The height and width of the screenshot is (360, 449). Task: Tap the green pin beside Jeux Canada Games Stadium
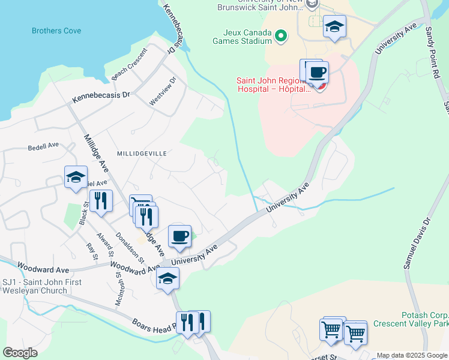[x=280, y=37]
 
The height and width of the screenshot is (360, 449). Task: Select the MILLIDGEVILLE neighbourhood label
[x=142, y=154]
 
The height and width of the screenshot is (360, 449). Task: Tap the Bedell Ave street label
[x=43, y=146]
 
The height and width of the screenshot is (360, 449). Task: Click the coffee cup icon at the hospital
[x=317, y=73]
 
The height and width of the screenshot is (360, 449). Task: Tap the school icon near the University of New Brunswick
[x=334, y=26]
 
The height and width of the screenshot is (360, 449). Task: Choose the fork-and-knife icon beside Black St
[x=101, y=201]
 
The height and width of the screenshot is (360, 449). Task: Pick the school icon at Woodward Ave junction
[x=167, y=278]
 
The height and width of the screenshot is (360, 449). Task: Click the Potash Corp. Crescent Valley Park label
[x=411, y=319]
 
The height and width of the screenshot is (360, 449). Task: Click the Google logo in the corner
[x=20, y=352]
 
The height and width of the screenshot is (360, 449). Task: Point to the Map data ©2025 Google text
[x=411, y=355]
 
